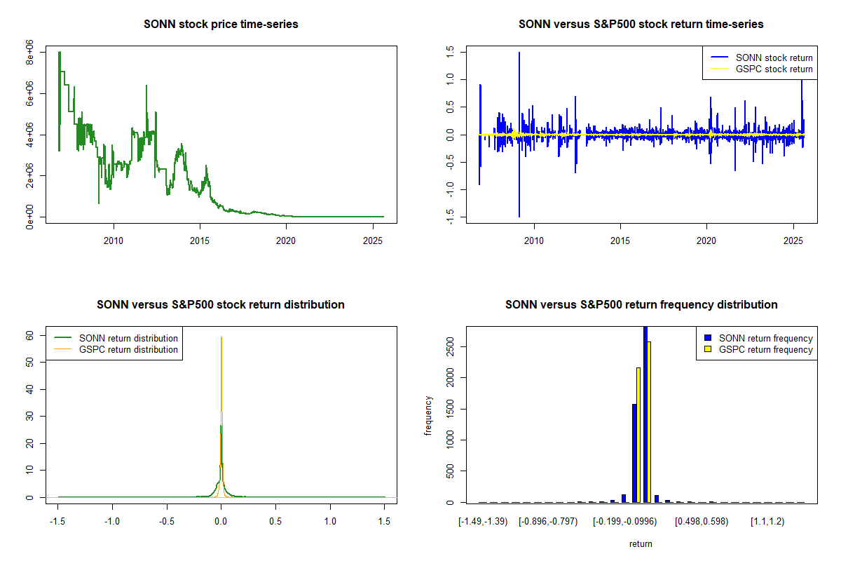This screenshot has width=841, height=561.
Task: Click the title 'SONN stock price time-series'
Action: point(221,25)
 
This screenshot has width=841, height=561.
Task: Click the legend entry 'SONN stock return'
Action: point(774,58)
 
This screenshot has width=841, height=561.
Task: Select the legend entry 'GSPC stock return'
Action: point(774,69)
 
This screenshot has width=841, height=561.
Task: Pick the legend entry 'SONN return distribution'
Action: point(128,338)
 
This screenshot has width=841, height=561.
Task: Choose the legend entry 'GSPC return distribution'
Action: point(128,349)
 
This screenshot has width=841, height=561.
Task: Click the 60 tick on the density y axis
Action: point(30,335)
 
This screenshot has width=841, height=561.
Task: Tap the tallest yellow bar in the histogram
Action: point(649,421)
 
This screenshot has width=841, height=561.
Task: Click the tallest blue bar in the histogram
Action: point(645,414)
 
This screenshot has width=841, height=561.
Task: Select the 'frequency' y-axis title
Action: point(428,416)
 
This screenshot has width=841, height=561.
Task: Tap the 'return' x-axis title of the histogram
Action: point(641,543)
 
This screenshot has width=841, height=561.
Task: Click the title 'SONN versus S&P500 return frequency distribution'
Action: point(641,305)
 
